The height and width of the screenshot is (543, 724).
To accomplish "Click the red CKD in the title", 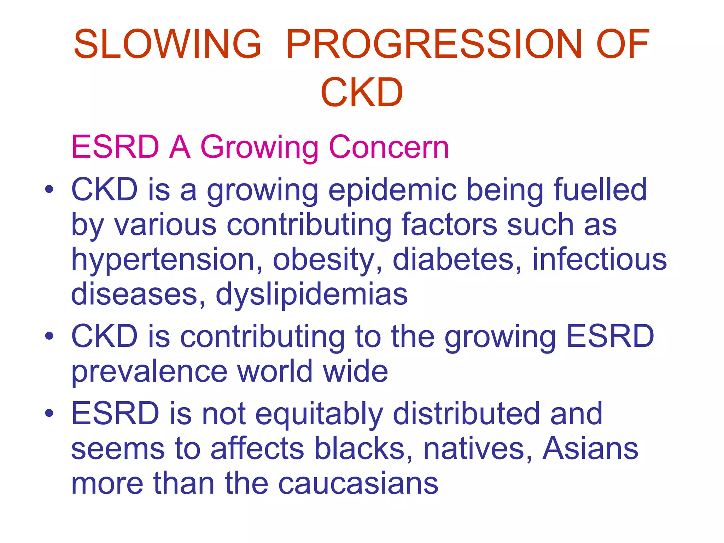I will point(362,93).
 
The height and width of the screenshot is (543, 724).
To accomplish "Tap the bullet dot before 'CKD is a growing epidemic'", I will point(49,189).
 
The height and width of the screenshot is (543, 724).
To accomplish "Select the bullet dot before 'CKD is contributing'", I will point(49,336).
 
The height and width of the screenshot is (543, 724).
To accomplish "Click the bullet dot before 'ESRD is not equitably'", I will point(49,413).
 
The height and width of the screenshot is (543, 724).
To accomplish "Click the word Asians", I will point(590,448).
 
